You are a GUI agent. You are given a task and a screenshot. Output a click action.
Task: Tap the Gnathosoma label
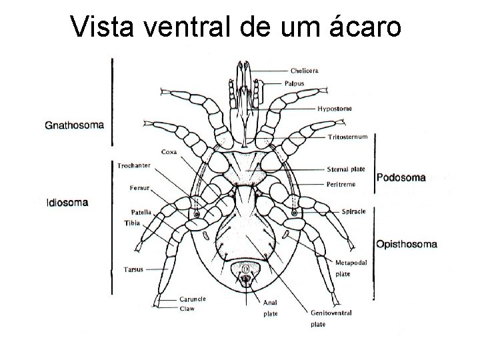point(78,124)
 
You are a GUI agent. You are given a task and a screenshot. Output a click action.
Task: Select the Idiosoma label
point(67,203)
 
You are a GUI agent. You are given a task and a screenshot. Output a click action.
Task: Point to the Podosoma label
point(401,177)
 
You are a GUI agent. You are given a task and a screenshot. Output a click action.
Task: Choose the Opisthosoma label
point(407,244)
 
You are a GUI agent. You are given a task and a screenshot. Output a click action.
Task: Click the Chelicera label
point(304,70)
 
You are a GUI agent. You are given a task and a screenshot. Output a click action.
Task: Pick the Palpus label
point(301,83)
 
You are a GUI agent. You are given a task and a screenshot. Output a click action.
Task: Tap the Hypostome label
point(335,108)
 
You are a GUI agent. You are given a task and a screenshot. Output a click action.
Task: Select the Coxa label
point(169,152)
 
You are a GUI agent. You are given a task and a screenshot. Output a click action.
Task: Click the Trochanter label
point(133,165)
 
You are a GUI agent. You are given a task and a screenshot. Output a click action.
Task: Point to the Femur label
point(140,189)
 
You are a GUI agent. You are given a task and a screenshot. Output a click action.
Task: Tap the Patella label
point(141,212)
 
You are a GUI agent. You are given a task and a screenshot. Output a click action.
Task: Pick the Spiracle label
point(353,211)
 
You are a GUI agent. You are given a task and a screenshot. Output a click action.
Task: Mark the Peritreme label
point(341,183)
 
